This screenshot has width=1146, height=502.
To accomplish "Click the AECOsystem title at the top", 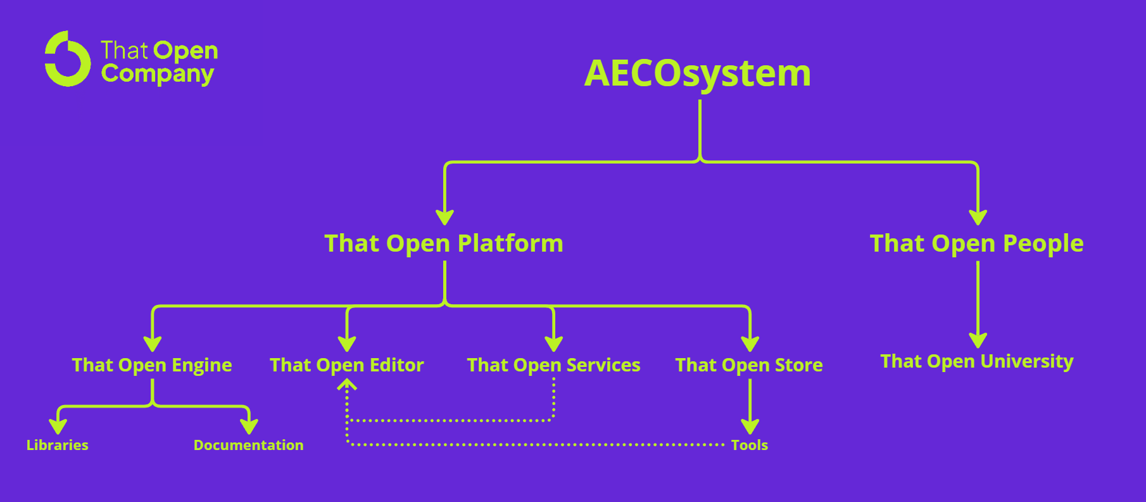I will [x=697, y=74].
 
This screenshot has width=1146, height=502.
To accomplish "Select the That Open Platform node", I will [x=444, y=243].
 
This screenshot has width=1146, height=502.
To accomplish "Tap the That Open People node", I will [x=976, y=243].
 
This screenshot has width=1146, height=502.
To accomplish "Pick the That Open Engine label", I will [x=152, y=365].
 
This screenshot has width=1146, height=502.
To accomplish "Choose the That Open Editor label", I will [x=347, y=365].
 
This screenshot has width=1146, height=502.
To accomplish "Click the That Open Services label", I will [x=554, y=365].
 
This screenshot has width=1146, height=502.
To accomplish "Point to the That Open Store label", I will [x=749, y=365].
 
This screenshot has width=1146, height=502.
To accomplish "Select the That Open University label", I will [x=977, y=361].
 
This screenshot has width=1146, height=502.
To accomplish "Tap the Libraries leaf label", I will [x=58, y=445].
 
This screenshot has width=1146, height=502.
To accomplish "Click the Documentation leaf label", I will [x=249, y=445].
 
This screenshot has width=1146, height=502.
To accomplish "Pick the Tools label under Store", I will [x=750, y=445].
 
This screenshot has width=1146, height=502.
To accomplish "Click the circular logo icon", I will [x=67, y=59].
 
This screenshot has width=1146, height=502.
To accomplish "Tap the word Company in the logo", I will [x=158, y=74].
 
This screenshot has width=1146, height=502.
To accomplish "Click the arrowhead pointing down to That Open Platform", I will [x=445, y=217].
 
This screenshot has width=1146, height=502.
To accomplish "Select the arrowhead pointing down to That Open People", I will [x=978, y=217].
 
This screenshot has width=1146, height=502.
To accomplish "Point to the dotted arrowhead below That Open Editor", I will [x=347, y=384].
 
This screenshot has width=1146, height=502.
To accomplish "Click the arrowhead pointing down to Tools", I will [x=750, y=426].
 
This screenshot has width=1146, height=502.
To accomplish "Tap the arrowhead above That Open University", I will [x=978, y=340].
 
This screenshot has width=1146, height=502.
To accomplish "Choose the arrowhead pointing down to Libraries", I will [x=58, y=426].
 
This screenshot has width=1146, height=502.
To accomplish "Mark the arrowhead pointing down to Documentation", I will [x=249, y=426].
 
